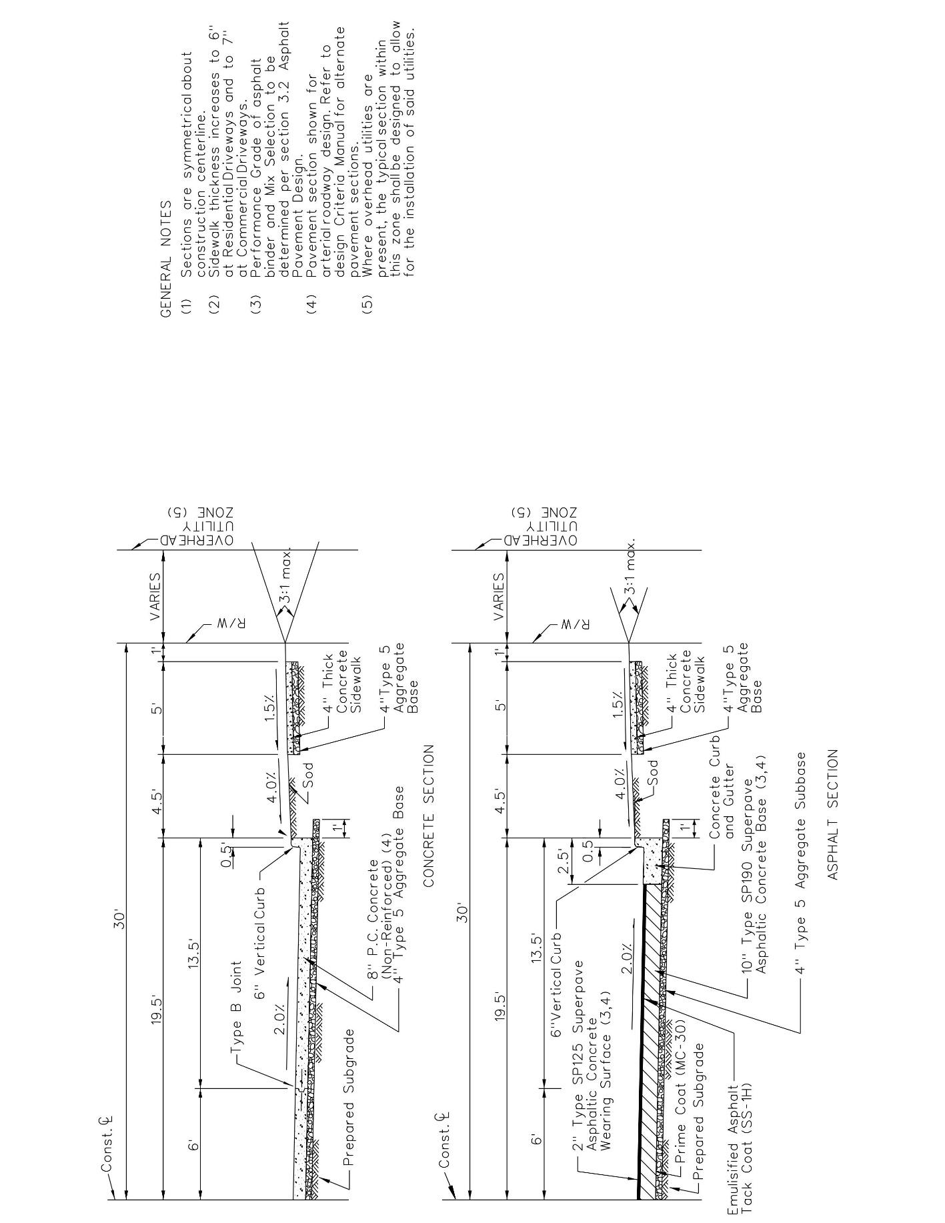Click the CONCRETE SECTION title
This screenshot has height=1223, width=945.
point(429,814)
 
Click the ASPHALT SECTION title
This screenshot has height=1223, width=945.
point(832,814)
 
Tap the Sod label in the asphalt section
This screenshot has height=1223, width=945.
point(653,772)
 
